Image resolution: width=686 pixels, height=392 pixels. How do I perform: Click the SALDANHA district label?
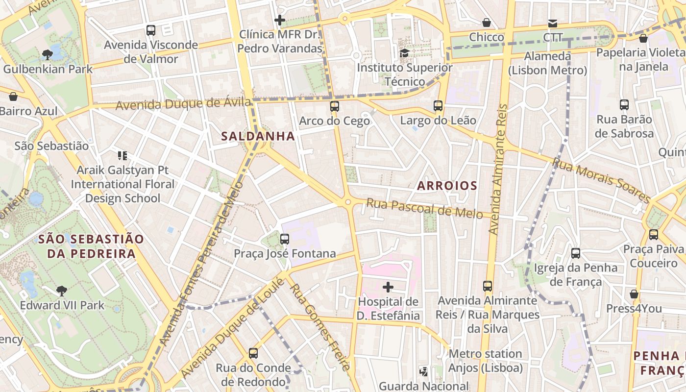[x=258, y=136]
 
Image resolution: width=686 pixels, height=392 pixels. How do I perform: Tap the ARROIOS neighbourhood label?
[x=447, y=186]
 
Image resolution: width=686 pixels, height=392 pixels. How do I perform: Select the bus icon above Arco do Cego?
[x=335, y=106]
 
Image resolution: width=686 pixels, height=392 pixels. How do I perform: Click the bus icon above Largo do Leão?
[x=438, y=105]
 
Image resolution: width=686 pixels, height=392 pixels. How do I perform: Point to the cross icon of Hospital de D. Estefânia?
[x=388, y=287]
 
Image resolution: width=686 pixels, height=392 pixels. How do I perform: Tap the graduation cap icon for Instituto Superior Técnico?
[x=404, y=52]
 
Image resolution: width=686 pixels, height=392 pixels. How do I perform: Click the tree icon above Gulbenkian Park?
[x=48, y=54]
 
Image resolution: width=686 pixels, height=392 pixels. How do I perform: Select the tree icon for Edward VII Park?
[x=62, y=291]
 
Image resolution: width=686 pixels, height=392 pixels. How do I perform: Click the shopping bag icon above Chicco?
[x=487, y=23]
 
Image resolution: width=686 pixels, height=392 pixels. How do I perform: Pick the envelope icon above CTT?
[x=553, y=23]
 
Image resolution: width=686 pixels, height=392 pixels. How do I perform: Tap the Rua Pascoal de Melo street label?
[x=424, y=208]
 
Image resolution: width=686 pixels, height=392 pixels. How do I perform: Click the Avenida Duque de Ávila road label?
[x=184, y=104]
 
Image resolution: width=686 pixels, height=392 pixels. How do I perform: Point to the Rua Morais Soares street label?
[x=602, y=180]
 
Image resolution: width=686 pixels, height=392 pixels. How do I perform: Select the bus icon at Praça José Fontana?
[x=285, y=239]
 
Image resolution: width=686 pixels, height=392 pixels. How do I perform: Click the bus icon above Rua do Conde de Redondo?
[x=253, y=353]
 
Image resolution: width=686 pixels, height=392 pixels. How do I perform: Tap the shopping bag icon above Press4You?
[x=634, y=294]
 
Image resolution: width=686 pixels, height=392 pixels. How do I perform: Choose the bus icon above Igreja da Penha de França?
[x=576, y=253]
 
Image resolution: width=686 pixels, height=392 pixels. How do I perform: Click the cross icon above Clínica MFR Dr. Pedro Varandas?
[x=280, y=20]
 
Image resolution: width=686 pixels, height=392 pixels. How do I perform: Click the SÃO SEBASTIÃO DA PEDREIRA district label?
[x=91, y=246]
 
